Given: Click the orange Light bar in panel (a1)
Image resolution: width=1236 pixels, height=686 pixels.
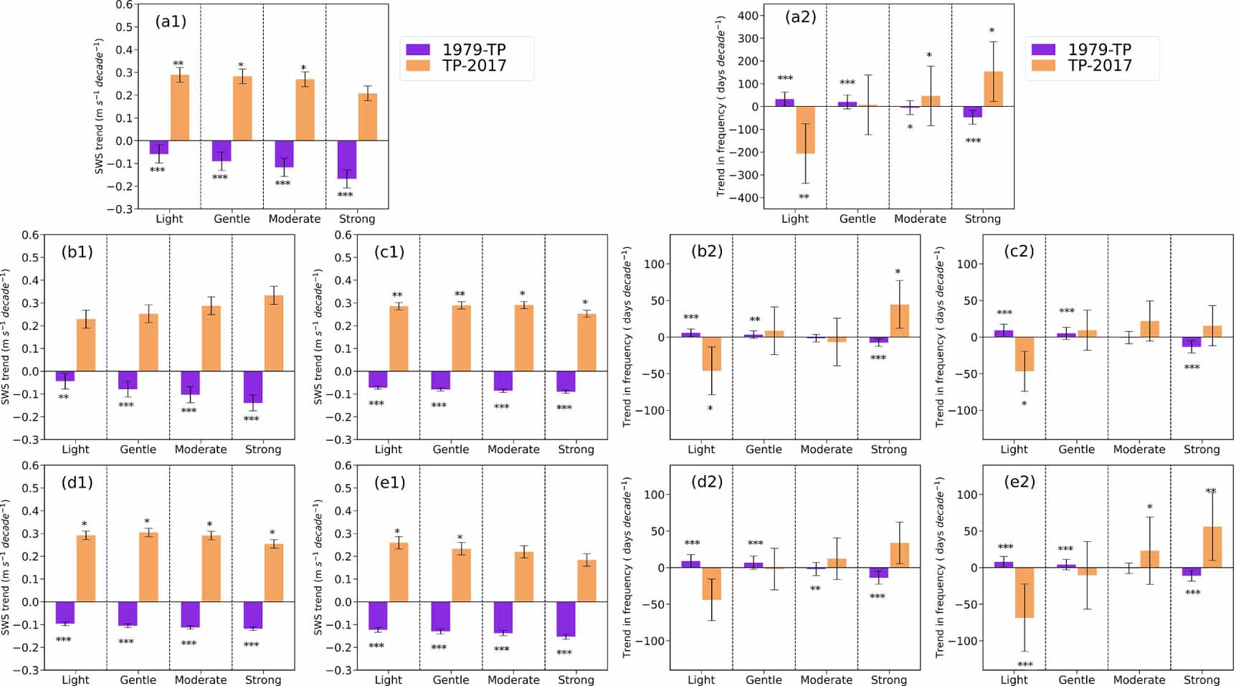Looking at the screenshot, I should point(180,108).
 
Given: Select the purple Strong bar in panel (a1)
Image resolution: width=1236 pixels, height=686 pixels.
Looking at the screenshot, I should point(347,159).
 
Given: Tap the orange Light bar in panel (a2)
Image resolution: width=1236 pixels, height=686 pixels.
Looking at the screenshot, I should point(805,130).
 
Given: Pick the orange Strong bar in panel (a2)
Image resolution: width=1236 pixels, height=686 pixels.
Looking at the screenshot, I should point(993,89).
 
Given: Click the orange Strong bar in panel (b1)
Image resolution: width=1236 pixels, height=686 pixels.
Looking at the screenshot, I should point(273,333).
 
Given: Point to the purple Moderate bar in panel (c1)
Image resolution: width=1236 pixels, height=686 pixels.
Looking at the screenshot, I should point(503,381).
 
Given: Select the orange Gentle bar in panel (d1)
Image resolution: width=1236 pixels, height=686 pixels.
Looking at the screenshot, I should point(148,567).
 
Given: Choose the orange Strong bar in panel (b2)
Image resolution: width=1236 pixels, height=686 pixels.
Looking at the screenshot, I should point(899,320).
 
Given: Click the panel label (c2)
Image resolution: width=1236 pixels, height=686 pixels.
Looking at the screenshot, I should point(1019,251).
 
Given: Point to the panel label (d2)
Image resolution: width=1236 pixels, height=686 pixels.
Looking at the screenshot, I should point(706,482).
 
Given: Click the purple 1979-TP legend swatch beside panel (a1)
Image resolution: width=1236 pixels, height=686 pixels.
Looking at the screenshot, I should point(418,49).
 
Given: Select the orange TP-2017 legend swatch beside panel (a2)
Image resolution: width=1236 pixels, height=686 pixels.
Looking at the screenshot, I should point(1043,65).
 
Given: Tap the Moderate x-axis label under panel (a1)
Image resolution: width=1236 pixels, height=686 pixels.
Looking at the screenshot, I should point(294,219).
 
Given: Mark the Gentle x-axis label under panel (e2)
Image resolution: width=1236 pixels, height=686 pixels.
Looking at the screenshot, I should point(1076,680).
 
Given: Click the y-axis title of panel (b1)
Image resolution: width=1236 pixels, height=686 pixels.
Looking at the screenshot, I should point(6,336).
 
